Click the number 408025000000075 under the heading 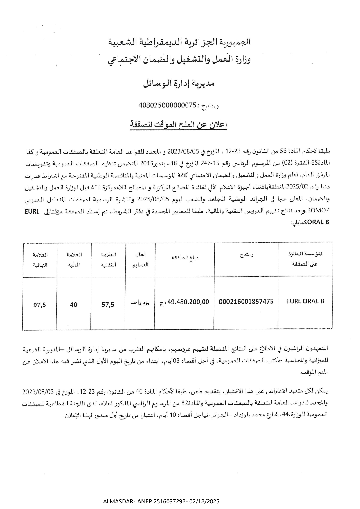168,105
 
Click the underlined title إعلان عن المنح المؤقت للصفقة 178,125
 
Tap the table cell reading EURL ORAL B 305,301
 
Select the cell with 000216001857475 246,302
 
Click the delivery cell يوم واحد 140,303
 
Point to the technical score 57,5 108,304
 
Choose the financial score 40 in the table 74,304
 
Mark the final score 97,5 40,305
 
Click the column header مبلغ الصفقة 185,258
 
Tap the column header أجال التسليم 141,259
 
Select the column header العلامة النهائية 40,259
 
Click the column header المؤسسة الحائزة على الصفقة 305,259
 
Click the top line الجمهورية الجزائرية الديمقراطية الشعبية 179,42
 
